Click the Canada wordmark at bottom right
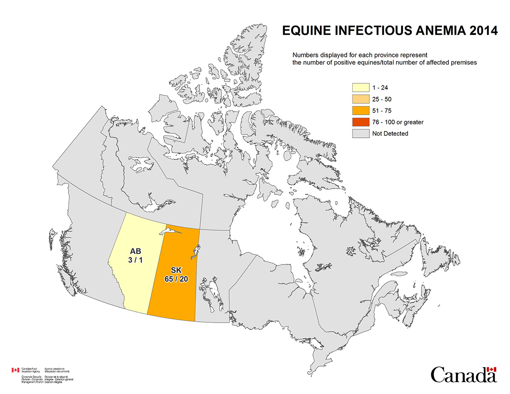(463, 375)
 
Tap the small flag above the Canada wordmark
(491, 370)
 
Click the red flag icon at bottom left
(15, 370)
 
